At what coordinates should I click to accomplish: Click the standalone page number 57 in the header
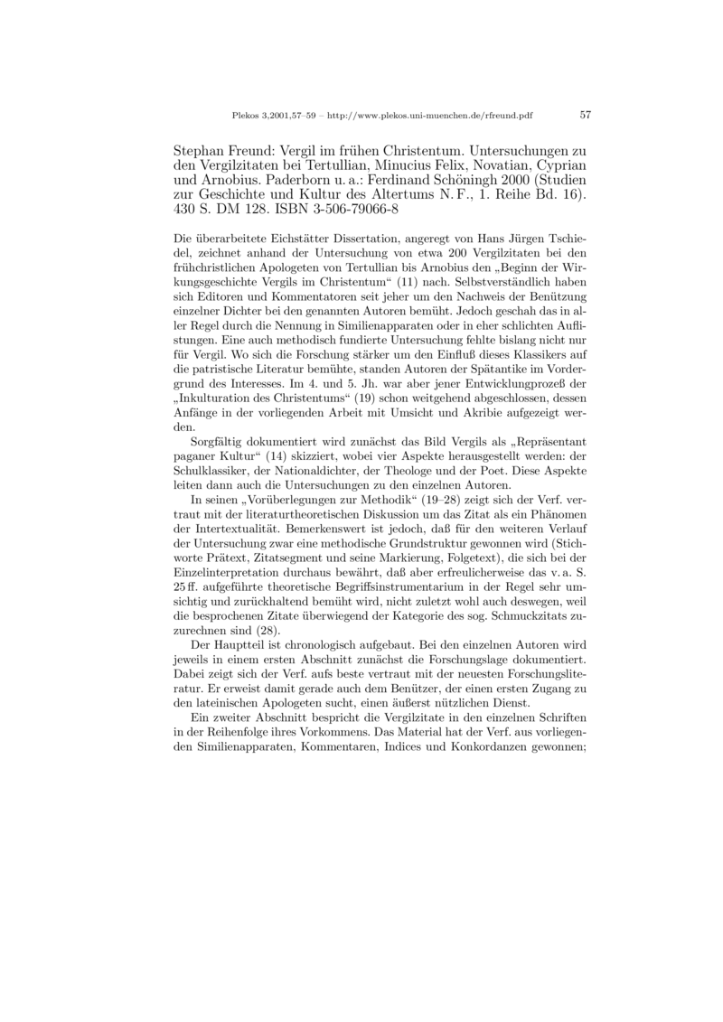585,116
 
